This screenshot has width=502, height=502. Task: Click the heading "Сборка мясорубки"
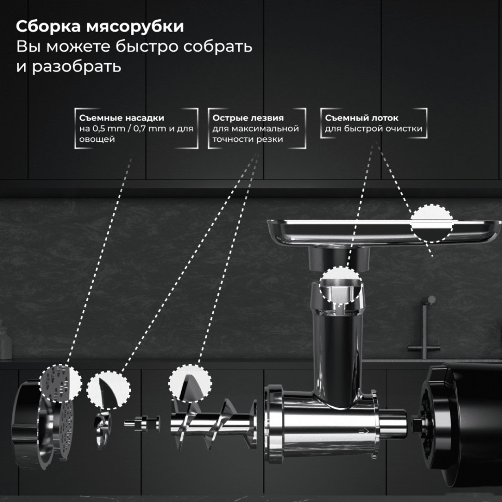(x=99, y=26)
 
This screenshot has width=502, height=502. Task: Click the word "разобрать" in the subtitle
(x=77, y=67)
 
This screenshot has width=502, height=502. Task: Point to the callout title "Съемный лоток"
(x=359, y=118)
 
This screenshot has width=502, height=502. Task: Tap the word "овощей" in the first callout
(x=97, y=139)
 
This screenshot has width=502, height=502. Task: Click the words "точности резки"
(x=247, y=139)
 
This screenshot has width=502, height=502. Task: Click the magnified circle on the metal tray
(x=431, y=223)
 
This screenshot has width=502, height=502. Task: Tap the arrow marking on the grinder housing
(x=364, y=430)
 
